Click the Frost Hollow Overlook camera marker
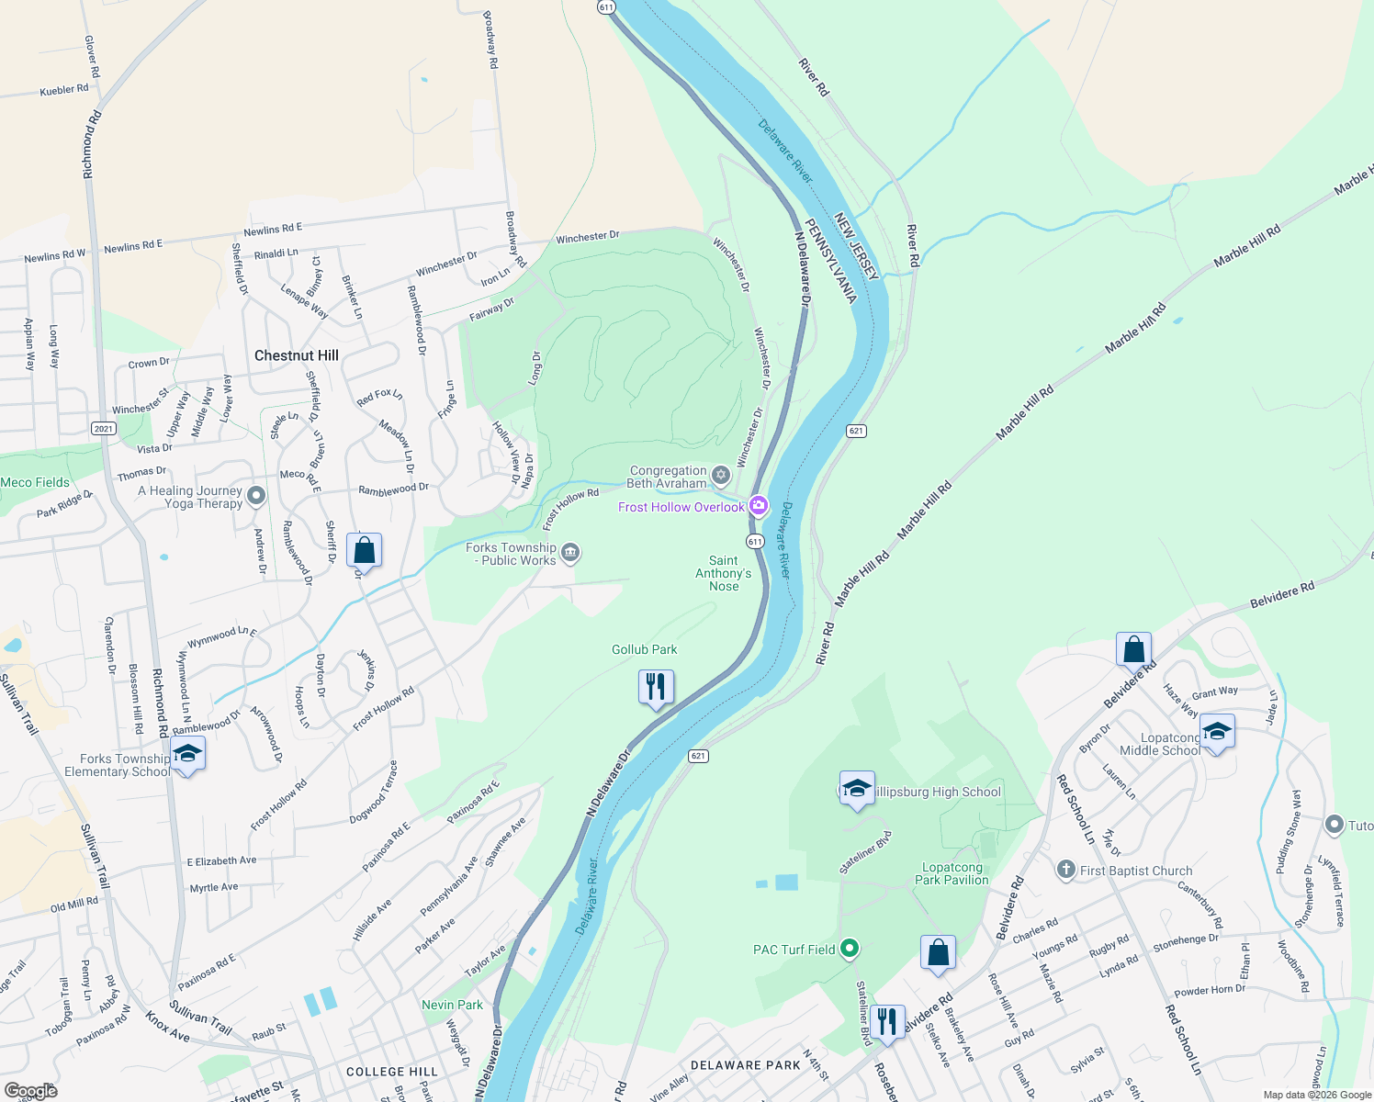[758, 506]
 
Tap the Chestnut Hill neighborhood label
[296, 355]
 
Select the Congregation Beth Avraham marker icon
[721, 475]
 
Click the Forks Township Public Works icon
[570, 552]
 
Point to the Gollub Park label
[644, 649]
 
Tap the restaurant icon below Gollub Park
[656, 687]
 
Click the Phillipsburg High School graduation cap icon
[857, 789]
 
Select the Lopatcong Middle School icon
[1216, 733]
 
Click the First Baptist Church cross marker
[1065, 870]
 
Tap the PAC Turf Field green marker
[850, 948]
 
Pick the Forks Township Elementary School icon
[187, 754]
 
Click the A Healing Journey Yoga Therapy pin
[256, 496]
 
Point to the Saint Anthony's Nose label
[723, 573]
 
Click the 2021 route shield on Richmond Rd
[103, 429]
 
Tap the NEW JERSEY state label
[857, 246]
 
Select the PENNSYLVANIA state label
[830, 261]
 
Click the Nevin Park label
[452, 1005]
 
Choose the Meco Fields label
[35, 482]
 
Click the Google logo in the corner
[30, 1090]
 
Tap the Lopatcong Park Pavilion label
[952, 873]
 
